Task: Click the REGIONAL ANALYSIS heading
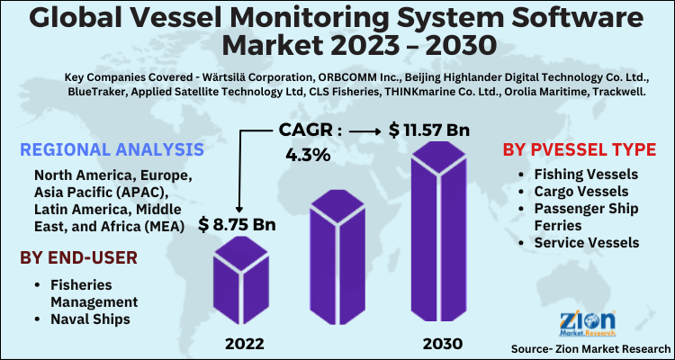tap(110, 149)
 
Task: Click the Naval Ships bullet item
tap(89, 319)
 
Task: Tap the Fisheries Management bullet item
tap(93, 293)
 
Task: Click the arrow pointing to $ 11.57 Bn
tap(364, 131)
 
